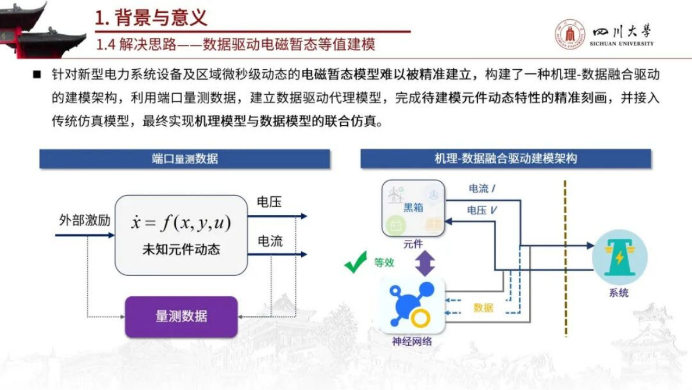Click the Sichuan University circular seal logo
[569, 34]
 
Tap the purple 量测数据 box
[181, 317]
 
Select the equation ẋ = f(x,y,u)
[181, 222]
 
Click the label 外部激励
[85, 221]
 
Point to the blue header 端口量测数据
[184, 158]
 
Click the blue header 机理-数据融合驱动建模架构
[505, 158]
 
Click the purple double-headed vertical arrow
[425, 263]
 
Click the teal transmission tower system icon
[619, 257]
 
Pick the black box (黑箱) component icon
[413, 208]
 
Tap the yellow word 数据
[483, 307]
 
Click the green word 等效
[384, 263]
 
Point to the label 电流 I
[482, 189]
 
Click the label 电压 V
[482, 210]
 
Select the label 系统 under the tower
[619, 293]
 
